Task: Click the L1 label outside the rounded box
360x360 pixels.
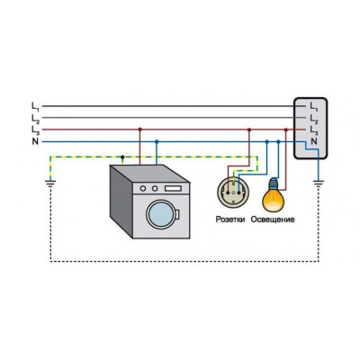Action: coord(35,106)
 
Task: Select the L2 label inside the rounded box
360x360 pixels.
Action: coord(314,118)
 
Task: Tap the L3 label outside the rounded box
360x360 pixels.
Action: coord(35,130)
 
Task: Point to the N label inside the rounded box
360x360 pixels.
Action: coord(314,141)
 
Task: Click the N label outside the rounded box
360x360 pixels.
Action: coord(35,141)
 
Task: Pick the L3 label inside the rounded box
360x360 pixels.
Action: coord(314,130)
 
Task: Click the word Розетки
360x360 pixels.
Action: coord(230,220)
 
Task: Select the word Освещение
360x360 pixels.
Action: coord(273,220)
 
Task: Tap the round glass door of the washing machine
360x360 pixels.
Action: coord(161,214)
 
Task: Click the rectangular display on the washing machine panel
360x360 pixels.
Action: coord(173,188)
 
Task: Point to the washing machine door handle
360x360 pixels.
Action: coord(177,214)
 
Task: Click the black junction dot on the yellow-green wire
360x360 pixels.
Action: coord(122,157)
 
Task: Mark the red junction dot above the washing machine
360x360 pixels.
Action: coord(139,130)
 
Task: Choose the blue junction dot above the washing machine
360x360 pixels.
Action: coord(157,141)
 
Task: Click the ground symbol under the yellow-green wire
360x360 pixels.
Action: coord(50,183)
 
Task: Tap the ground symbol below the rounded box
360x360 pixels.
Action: coord(318,183)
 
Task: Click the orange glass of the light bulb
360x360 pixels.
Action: coord(273,201)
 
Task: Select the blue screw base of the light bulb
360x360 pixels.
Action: coord(273,184)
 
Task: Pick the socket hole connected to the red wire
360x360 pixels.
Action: coord(228,193)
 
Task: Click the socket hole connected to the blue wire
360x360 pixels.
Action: coord(238,193)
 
